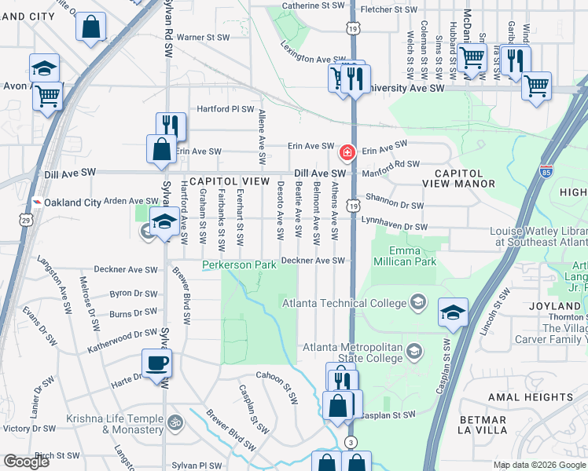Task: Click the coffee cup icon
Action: coord(156,363)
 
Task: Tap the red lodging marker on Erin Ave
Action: coord(347,152)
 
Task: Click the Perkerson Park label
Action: coord(239,265)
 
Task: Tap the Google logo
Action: coord(26,462)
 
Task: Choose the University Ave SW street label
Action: coord(406,89)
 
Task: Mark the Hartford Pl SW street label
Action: coord(225,110)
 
